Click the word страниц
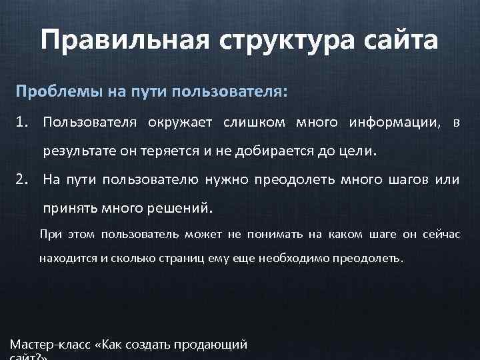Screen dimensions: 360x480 [175, 257]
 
